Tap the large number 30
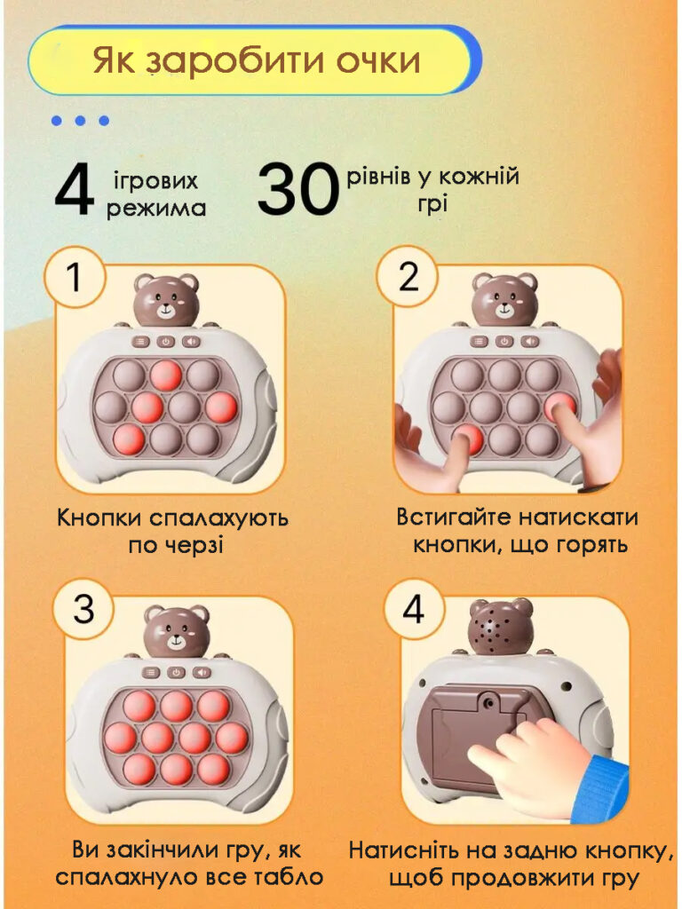pyautogui.click(x=298, y=190)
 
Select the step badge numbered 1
pyautogui.click(x=75, y=278)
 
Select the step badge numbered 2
pyautogui.click(x=408, y=278)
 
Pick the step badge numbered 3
pyautogui.click(x=83, y=609)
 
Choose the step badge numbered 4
pyautogui.click(x=413, y=609)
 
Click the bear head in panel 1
pyautogui.click(x=166, y=300)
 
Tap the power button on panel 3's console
pyautogui.click(x=177, y=673)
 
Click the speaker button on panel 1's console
pyautogui.click(x=191, y=342)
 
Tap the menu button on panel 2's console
pyautogui.click(x=479, y=342)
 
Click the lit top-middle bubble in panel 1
pyautogui.click(x=166, y=375)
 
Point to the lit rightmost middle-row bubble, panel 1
pyautogui.click(x=221, y=407)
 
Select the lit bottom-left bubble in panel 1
pyautogui.click(x=129, y=439)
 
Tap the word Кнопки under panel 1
pyautogui.click(x=99, y=518)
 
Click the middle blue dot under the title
pyautogui.click(x=80, y=121)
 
